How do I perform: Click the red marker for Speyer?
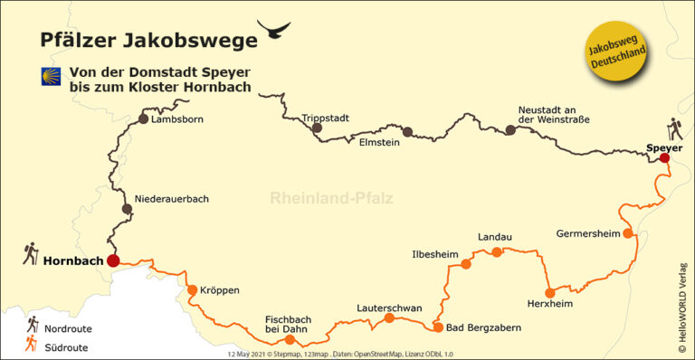coord(663,157)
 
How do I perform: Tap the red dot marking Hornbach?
coord(113,261)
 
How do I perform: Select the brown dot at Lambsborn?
coord(143,118)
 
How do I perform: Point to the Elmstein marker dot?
coord(407,132)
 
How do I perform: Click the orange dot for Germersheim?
coord(628,233)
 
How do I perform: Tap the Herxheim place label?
coord(550,304)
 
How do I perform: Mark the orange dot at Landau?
coord(497,251)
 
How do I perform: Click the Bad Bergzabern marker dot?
coord(438,327)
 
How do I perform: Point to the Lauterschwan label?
coord(389,308)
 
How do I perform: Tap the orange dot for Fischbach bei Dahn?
coord(290,340)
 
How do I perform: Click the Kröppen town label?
coord(220,290)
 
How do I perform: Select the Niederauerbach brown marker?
coord(127,209)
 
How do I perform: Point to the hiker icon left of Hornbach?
coord(30,251)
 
